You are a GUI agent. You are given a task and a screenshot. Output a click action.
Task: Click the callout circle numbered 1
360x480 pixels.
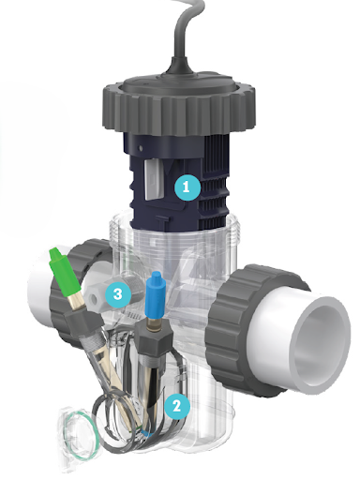[187, 187]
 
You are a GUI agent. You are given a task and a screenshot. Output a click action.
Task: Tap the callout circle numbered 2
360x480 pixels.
[177, 406]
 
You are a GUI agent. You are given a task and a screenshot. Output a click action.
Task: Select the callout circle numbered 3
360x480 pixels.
[118, 294]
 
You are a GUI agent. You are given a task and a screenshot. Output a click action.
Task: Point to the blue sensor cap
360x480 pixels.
[156, 294]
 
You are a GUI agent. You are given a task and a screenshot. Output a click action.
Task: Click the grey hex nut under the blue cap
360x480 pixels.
[154, 337]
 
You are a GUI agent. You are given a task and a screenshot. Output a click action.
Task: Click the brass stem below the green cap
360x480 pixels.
[78, 301]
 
